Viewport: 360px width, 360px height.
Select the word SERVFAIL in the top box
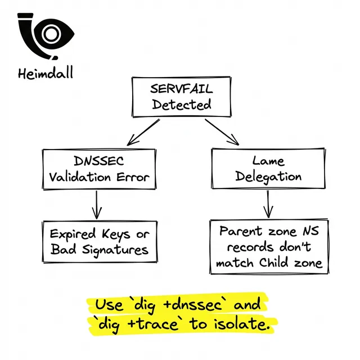tap(173, 89)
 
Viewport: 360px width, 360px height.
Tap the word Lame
tap(268, 160)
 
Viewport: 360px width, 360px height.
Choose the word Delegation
tap(268, 176)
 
